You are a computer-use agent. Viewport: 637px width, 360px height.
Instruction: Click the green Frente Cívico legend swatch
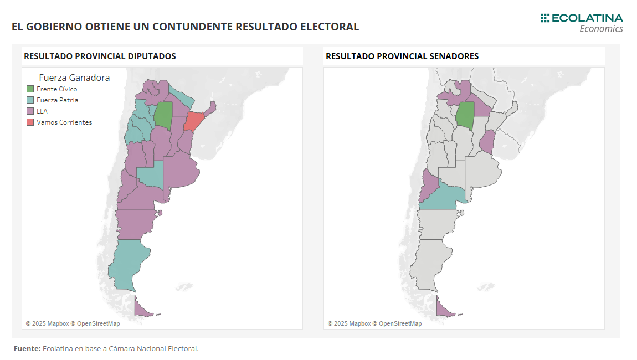(x=30, y=89)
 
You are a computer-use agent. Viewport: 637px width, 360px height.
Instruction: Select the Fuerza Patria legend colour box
(x=30, y=100)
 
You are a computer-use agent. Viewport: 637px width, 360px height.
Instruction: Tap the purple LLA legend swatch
(x=30, y=111)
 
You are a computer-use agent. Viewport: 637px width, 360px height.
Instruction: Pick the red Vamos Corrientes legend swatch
(x=30, y=122)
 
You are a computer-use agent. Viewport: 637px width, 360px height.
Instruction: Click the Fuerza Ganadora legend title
(x=74, y=78)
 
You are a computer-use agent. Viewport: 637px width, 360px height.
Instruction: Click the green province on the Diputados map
(x=163, y=115)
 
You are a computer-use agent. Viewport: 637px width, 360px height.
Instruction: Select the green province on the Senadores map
(x=465, y=115)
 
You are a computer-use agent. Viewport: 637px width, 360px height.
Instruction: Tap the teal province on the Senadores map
(x=443, y=197)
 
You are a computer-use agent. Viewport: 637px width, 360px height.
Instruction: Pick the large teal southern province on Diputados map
(x=129, y=263)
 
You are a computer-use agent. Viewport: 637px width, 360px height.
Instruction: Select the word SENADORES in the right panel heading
(x=453, y=56)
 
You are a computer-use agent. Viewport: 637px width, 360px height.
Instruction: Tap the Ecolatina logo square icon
(x=545, y=18)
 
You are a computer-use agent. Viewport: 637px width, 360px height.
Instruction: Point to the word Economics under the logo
(x=601, y=29)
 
